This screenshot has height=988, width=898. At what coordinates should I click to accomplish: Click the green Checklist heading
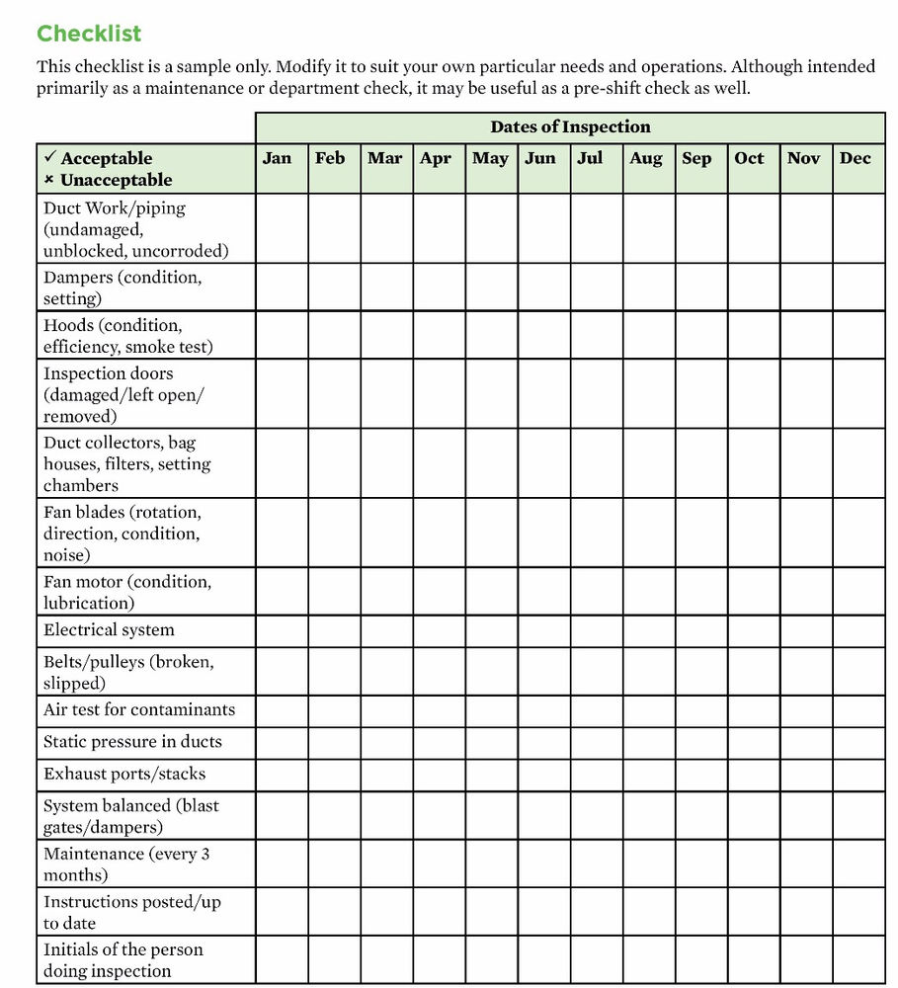tap(89, 34)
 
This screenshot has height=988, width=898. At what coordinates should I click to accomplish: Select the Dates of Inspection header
tap(570, 127)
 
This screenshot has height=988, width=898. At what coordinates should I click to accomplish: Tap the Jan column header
tap(278, 158)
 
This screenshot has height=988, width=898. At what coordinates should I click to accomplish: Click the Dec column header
tap(856, 158)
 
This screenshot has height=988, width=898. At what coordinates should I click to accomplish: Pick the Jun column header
tap(540, 158)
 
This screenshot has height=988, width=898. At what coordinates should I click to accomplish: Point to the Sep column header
tap(696, 158)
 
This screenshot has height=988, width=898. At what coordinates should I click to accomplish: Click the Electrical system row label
tap(109, 630)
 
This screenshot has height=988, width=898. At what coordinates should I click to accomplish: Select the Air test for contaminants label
tap(139, 710)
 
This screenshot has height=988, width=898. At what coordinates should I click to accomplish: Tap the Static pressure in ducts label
tap(132, 742)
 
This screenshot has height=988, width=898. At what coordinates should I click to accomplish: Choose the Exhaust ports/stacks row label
tap(124, 775)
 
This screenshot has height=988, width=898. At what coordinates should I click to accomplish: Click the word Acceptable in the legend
tap(107, 159)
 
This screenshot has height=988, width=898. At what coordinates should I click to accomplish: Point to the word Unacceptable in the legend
tap(116, 181)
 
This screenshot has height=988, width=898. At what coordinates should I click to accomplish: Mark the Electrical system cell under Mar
tap(386, 631)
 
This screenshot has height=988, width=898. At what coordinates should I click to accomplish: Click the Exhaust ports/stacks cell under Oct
tap(754, 775)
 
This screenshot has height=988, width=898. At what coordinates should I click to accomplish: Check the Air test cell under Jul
tap(596, 710)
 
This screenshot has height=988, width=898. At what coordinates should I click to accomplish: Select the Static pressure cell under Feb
tap(334, 742)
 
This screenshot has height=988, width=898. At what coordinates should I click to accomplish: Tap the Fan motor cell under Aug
tap(649, 592)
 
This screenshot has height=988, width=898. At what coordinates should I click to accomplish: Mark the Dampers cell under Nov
tap(806, 288)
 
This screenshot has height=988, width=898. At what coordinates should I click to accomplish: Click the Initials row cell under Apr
tap(439, 960)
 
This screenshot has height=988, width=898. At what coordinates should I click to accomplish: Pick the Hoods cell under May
tap(491, 335)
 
